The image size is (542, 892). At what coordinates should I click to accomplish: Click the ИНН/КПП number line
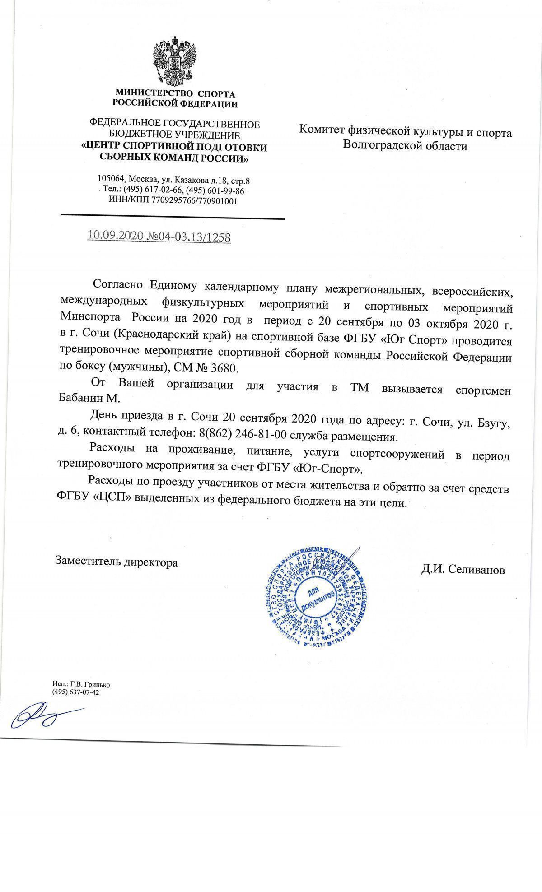(173, 200)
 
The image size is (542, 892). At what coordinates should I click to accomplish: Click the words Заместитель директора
(117, 562)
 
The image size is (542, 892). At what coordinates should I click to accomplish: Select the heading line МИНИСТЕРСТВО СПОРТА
(175, 94)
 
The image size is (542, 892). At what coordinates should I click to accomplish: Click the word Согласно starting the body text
(118, 284)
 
